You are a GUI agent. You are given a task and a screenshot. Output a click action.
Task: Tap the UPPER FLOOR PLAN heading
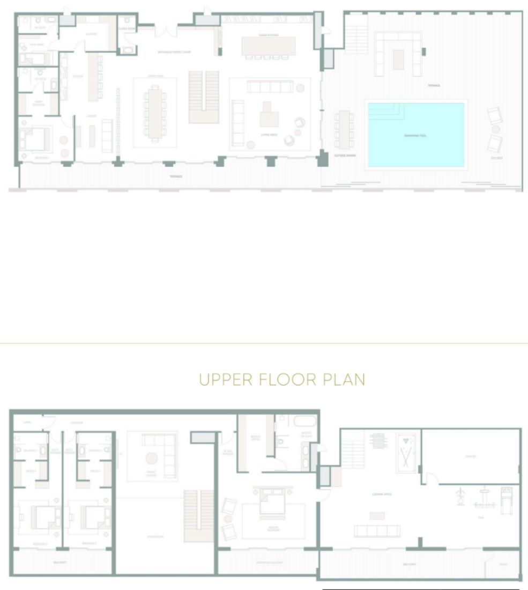pos(282,380)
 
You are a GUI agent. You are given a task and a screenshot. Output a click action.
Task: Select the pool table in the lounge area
pos(405,453)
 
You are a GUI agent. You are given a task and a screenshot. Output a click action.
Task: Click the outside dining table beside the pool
pos(344,129)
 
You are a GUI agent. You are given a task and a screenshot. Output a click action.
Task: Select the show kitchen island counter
pos(268,46)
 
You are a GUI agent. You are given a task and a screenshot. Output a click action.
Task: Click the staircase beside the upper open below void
pos(199,515)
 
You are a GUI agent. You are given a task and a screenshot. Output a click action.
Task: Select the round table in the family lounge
pos(152,458)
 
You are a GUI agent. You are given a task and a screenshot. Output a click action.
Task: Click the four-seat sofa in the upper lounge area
pos(377,531)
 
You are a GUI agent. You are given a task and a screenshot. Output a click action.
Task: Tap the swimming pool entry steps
pos(385,110)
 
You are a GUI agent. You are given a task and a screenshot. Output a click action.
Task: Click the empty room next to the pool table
pos(469,456)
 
